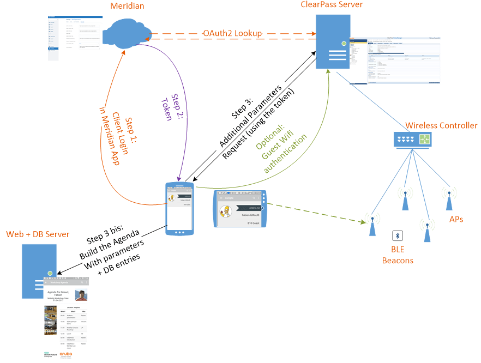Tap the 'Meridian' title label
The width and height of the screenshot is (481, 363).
(127, 7)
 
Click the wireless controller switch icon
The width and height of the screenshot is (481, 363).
(413, 140)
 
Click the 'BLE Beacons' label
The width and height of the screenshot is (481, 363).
(397, 255)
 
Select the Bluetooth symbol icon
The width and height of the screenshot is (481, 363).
(398, 235)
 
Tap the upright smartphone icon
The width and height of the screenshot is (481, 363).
(180, 208)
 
